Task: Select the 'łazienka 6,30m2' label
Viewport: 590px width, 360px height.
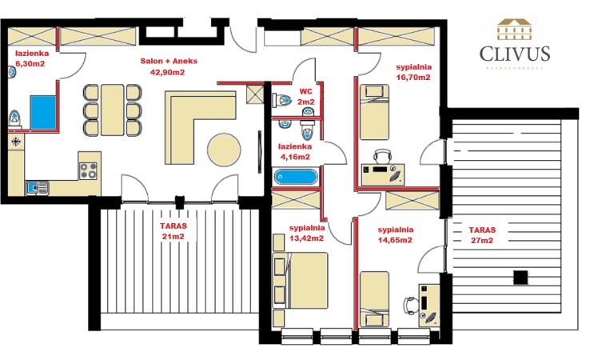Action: click(31, 57)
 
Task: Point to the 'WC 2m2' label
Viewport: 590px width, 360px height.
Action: click(305, 97)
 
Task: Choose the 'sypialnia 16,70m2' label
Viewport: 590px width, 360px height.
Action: click(413, 73)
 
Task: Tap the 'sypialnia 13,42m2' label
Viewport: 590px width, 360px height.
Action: click(306, 232)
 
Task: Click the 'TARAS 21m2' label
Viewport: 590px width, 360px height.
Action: click(173, 232)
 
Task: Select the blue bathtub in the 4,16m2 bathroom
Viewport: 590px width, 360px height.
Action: click(295, 178)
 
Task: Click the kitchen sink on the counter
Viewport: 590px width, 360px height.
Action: click(37, 187)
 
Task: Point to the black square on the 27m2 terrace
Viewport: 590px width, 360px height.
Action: click(520, 278)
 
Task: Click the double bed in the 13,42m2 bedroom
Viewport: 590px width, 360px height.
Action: click(301, 285)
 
